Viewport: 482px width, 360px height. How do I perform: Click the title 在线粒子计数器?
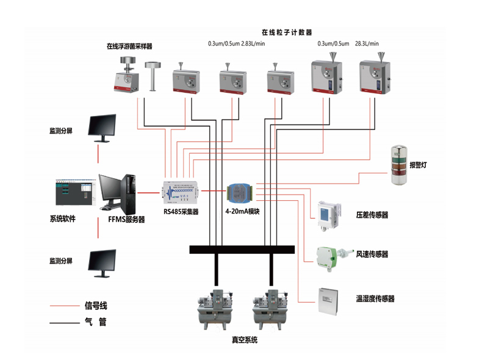(x=286, y=32)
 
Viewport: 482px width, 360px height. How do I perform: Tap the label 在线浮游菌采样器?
(x=129, y=46)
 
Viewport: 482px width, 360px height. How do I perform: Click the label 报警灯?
(x=418, y=165)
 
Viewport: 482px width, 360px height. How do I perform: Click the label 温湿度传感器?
(x=375, y=299)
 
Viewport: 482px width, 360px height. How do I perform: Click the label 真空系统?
(x=245, y=340)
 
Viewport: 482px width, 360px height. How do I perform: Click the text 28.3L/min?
(x=367, y=43)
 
